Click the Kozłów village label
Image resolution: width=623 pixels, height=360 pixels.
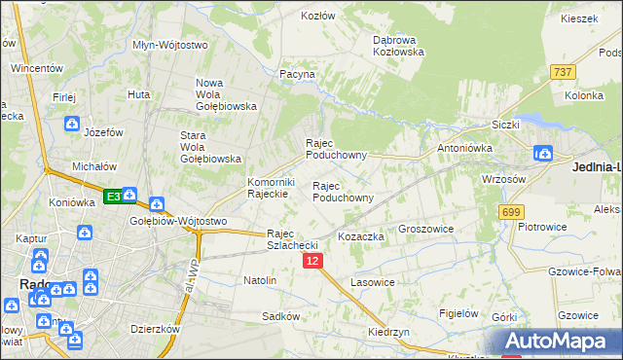click(317, 17)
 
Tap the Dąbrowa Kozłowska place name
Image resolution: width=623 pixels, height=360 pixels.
click(399, 46)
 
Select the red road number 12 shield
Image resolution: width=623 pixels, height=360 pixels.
click(312, 262)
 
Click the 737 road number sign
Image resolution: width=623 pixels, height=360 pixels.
click(563, 72)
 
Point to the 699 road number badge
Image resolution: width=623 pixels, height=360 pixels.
click(510, 211)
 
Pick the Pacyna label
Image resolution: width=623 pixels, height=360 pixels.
click(297, 74)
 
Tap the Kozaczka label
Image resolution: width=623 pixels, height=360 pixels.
click(361, 237)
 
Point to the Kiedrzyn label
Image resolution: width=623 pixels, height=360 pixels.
click(388, 332)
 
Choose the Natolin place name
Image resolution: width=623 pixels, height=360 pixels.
click(260, 280)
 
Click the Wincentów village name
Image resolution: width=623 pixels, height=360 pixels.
click(37, 69)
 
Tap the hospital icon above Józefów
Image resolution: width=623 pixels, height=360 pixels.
click(72, 124)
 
